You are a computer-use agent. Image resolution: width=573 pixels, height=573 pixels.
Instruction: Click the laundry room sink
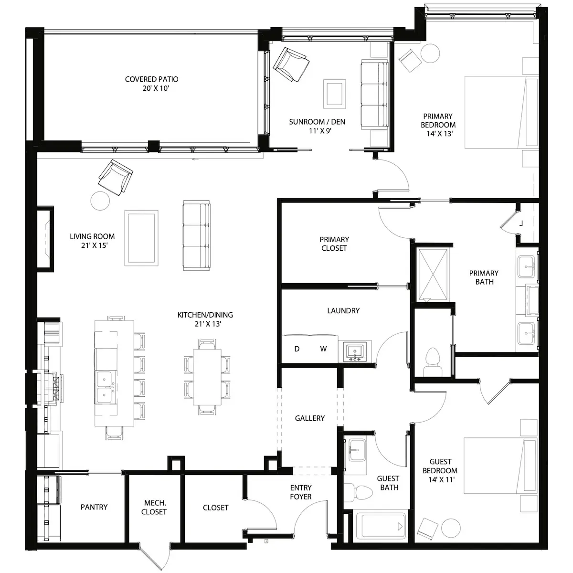pyautogui.click(x=355, y=351)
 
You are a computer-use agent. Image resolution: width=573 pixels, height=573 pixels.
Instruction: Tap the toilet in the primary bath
pyautogui.click(x=433, y=362)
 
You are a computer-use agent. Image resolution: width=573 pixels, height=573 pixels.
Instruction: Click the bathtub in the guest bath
pyautogui.click(x=381, y=527)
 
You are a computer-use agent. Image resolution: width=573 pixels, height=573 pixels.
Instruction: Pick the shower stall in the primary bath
pyautogui.click(x=433, y=275)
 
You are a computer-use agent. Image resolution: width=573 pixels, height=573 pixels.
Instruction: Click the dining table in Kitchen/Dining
pyautogui.click(x=207, y=377)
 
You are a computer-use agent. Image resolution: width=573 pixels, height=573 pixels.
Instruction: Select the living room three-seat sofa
pyautogui.click(x=197, y=235)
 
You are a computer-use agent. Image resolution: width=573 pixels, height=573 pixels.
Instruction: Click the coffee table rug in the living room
pyautogui.click(x=141, y=238)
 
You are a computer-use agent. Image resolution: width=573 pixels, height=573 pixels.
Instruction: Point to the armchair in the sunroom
pyautogui.click(x=291, y=64)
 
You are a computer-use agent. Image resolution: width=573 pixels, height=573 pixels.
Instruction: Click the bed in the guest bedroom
pyautogui.click(x=500, y=466)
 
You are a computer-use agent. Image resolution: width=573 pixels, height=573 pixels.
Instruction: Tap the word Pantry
pyautogui.click(x=94, y=507)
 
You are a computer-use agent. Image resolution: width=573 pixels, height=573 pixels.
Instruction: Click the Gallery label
pyautogui.click(x=310, y=418)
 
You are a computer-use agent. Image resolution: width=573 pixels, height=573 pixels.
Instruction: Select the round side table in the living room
pyautogui.click(x=100, y=201)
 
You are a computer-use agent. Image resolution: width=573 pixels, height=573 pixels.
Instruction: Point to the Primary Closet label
pyautogui.click(x=334, y=244)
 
